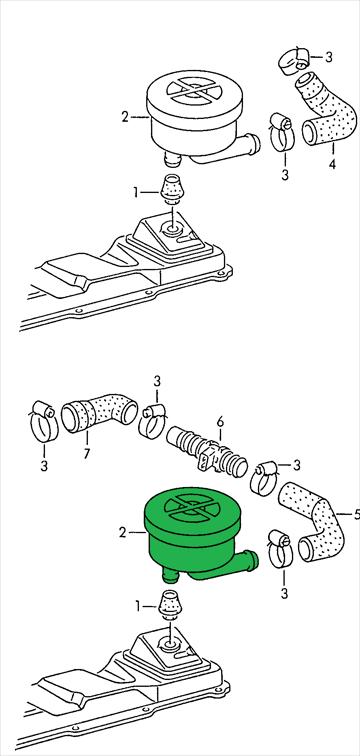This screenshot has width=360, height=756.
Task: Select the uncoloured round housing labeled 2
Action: tap(198, 118)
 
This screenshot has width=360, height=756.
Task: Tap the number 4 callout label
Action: tap(332, 165)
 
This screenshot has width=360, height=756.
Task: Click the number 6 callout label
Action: tap(220, 422)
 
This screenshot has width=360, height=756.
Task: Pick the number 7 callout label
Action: tap(86, 454)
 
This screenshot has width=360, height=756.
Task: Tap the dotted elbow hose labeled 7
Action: tap(100, 412)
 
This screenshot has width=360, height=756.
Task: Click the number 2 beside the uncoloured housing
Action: tap(125, 117)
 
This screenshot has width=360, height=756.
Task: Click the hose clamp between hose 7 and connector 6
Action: tap(152, 421)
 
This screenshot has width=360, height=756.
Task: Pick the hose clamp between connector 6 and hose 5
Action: tap(264, 478)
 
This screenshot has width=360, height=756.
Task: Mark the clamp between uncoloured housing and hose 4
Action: tap(281, 132)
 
